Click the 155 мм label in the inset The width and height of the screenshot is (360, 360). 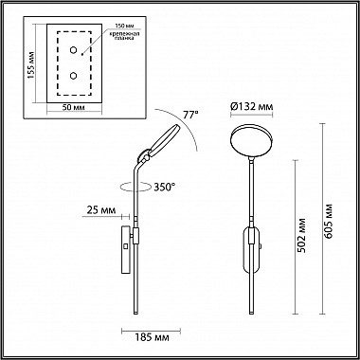tap(32, 66)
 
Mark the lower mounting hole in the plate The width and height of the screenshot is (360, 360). tap(72, 73)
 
